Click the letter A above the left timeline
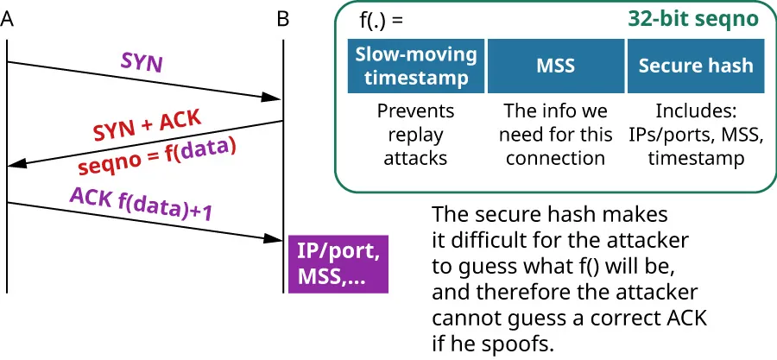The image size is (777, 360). [8, 19]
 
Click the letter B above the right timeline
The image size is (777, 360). [283, 19]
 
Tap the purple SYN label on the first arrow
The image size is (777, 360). [142, 63]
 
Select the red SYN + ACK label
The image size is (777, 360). [147, 125]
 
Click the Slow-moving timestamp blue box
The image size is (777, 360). [416, 66]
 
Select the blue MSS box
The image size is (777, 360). [557, 66]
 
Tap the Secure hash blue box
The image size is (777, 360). [696, 66]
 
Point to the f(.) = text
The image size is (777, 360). [382, 17]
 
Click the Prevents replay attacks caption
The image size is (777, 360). [416, 135]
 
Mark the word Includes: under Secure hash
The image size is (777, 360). [696, 111]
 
